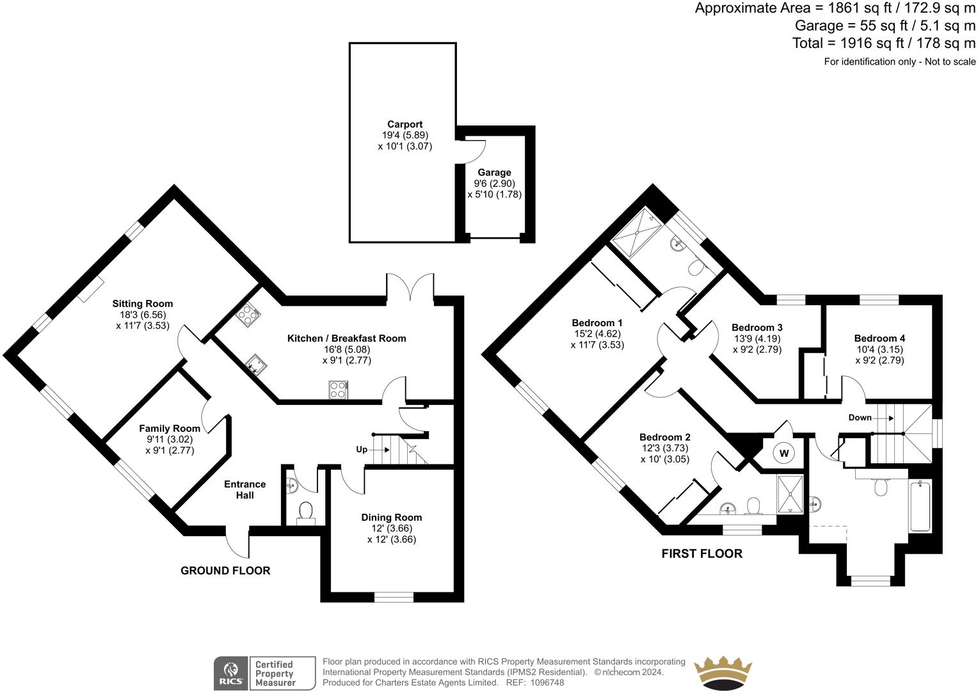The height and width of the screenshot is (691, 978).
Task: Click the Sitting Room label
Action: click(143, 303)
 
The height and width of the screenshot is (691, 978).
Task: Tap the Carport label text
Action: click(405, 124)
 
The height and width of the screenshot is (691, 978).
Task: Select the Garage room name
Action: click(494, 172)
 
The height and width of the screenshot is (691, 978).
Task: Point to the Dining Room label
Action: click(392, 517)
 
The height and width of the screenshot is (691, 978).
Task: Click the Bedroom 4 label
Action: click(879, 338)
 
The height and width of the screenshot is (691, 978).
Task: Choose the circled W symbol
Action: click(783, 453)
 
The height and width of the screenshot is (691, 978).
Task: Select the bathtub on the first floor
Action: click(920, 506)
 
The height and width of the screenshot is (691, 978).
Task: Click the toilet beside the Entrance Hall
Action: click(305, 511)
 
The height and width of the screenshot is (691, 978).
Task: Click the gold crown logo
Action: click(723, 672)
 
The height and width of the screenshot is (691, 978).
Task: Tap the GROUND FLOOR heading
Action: click(225, 570)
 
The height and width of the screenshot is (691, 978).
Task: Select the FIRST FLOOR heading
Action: click(701, 553)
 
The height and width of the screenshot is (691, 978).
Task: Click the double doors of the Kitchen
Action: click(410, 286)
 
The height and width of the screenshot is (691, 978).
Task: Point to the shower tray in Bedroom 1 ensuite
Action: click(636, 234)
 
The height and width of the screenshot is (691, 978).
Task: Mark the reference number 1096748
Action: click(543, 683)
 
